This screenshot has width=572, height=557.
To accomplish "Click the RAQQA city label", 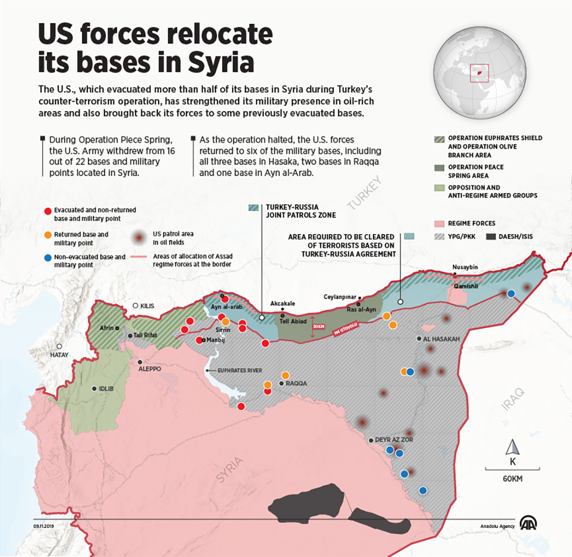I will tap(296, 383).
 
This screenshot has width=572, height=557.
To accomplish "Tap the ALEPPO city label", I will tap(150, 369).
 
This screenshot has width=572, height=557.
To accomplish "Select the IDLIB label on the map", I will tap(106, 389).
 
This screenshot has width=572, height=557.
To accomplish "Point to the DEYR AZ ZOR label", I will tap(394, 440).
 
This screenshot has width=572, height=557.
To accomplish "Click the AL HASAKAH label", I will tap(441, 339).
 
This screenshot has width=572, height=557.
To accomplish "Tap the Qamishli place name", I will tap(465, 286).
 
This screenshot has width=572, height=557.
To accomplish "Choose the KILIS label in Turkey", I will tap(147, 306).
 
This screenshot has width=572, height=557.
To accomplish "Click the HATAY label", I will tap(59, 355).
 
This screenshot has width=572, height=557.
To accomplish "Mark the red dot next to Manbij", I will tap(199, 340).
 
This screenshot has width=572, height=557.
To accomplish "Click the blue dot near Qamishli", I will tap(511, 293).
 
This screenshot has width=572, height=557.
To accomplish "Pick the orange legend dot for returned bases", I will tap(47, 235).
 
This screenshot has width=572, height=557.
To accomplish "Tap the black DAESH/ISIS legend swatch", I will tap(491, 237).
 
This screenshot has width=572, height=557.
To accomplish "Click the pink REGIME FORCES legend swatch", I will tap(439, 224).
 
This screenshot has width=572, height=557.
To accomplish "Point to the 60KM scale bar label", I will tap(512, 479).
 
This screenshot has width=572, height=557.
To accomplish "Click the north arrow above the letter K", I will tap(512, 447).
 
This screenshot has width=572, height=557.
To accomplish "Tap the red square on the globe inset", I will tap(480, 73).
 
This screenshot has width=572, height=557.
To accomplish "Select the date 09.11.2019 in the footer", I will tap(43, 526).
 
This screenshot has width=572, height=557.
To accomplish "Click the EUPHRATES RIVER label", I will tap(239, 371).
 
